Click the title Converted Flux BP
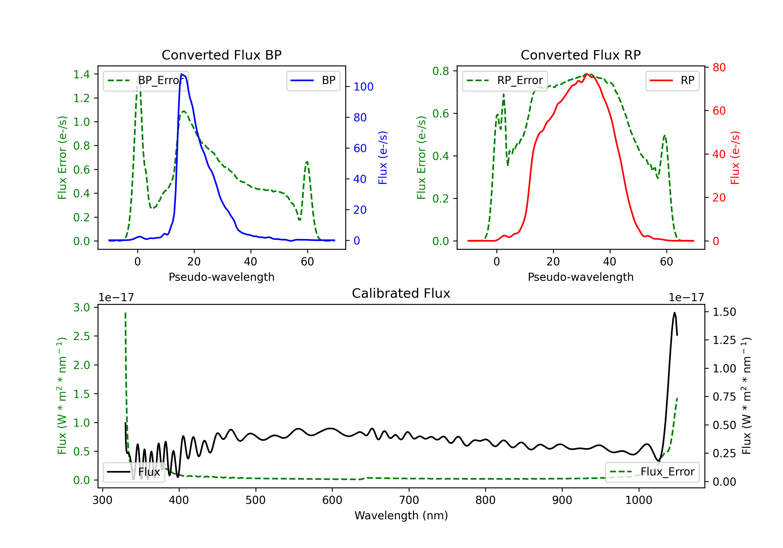point(221,55)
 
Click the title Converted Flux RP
point(580,55)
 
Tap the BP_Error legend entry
point(146,80)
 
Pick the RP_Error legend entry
point(505,80)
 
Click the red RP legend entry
point(672,80)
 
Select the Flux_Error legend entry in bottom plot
point(652,472)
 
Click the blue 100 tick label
point(364,87)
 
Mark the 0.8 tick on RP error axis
point(441,71)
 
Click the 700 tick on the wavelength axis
point(409,500)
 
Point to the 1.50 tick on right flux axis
point(724,312)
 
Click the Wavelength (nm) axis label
point(401,515)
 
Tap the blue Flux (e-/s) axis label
point(383,158)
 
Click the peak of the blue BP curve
point(182,74)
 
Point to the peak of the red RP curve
point(587,74)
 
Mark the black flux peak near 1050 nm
point(674,312)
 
